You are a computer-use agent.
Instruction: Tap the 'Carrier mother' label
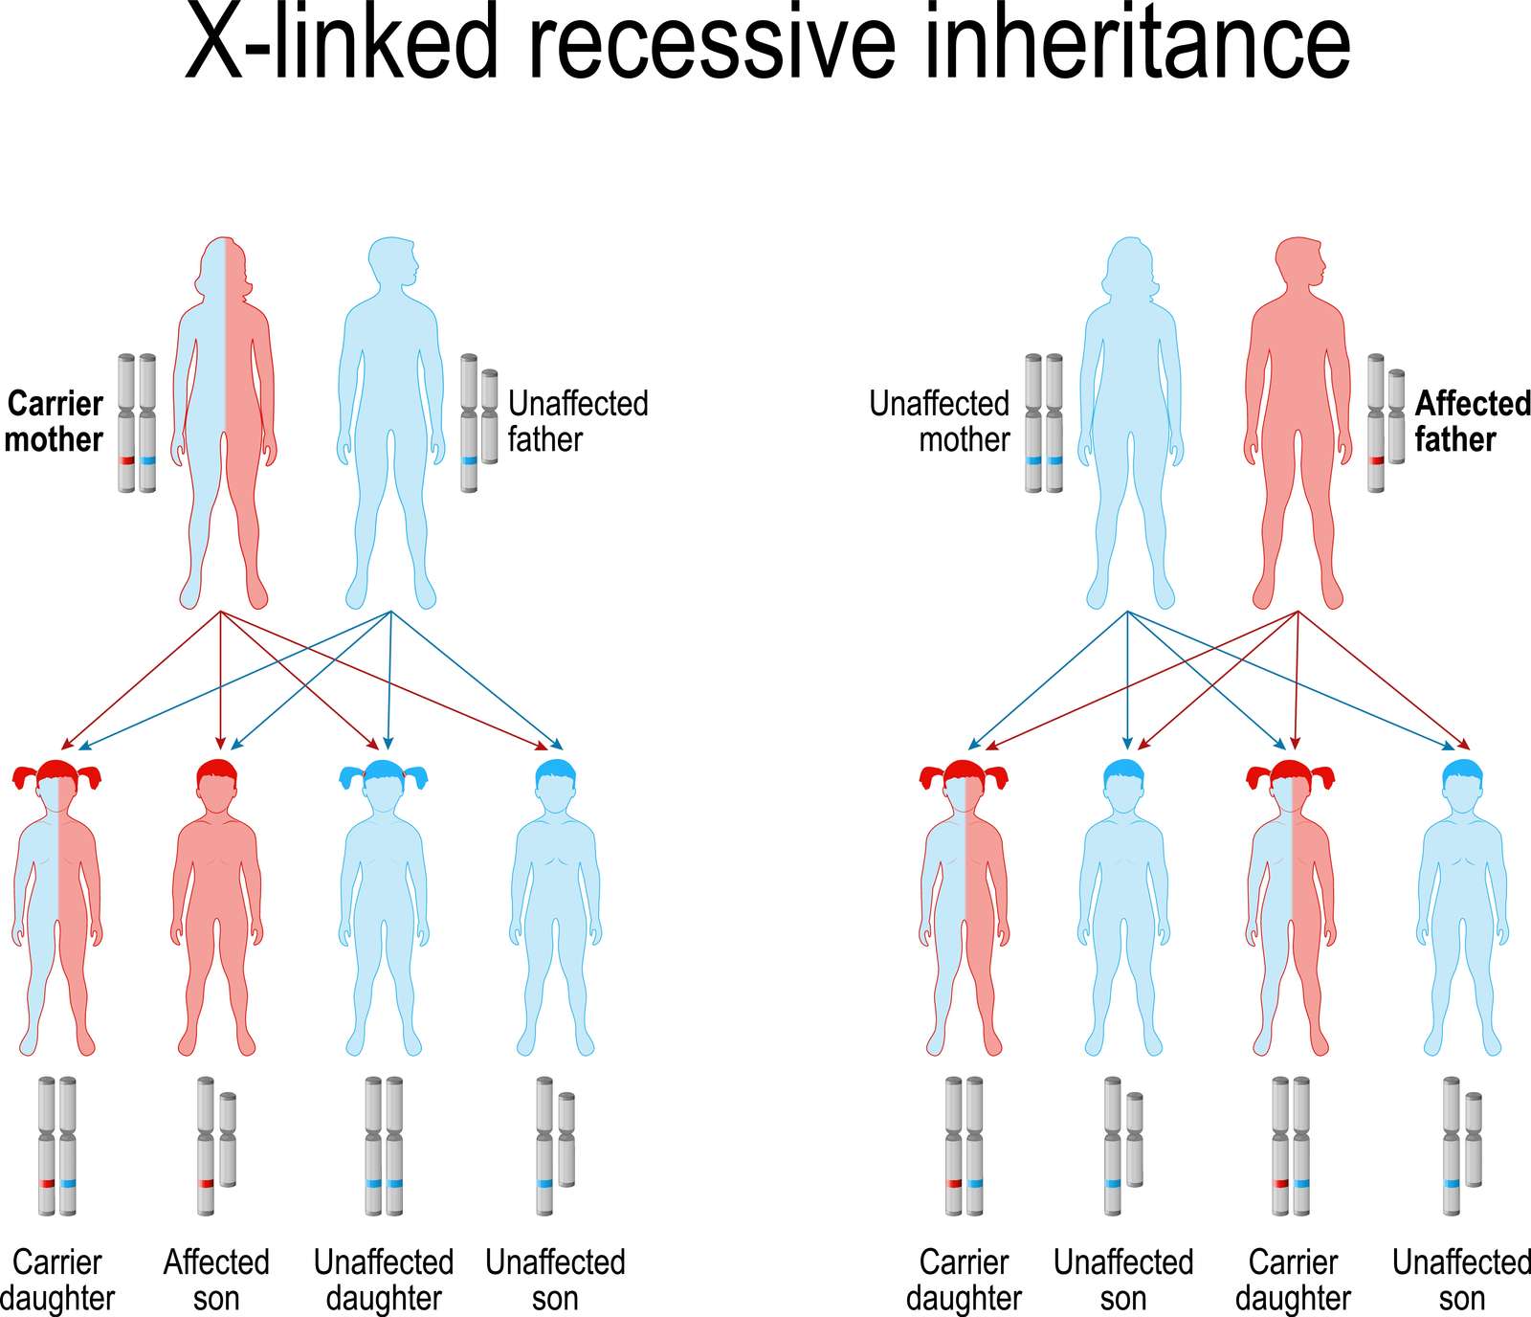(54, 421)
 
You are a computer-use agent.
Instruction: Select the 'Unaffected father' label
(578, 421)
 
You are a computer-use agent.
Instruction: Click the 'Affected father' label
(1473, 421)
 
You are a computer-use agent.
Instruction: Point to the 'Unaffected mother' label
(940, 421)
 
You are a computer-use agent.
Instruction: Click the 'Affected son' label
(216, 1281)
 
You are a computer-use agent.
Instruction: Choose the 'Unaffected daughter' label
(384, 1281)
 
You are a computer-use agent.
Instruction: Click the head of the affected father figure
(1300, 262)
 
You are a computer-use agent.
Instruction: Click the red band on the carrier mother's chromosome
(126, 460)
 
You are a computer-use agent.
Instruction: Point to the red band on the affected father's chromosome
(1376, 460)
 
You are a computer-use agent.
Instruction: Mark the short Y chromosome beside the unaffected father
(490, 416)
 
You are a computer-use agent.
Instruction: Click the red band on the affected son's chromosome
(206, 1184)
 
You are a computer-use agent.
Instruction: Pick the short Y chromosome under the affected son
(228, 1139)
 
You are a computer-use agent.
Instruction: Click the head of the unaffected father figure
(393, 262)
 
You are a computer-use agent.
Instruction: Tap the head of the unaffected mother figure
(1130, 264)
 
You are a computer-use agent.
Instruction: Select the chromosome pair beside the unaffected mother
(1043, 423)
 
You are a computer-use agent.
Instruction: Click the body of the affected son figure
(216, 900)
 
